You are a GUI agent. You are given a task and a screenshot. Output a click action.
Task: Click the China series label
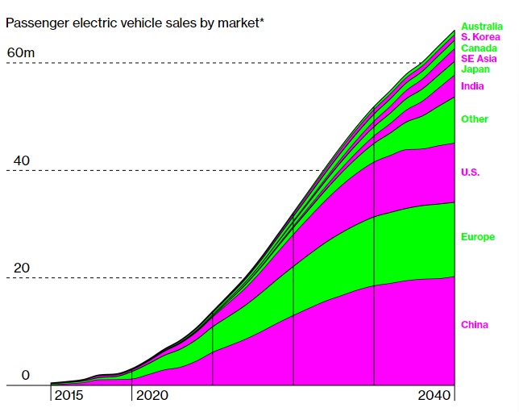tap(475, 325)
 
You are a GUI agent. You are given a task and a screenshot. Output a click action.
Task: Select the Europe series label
tap(478, 237)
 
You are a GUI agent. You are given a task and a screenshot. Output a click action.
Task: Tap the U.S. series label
tap(471, 173)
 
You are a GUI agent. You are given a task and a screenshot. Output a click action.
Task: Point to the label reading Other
tap(475, 119)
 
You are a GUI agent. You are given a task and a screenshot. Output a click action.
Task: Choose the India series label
tap(472, 86)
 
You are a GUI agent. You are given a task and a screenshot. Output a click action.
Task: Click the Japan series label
tap(475, 69)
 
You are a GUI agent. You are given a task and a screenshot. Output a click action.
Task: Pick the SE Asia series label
tap(479, 59)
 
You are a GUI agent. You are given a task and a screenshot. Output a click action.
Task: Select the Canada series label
tap(480, 48)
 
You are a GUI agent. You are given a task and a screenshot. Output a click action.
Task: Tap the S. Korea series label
tap(481, 37)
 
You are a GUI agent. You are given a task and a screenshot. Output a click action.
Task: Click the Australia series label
tap(482, 27)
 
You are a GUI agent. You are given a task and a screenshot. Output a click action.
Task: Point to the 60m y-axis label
tap(22, 53)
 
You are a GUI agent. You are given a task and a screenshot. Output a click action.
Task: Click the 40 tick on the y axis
tap(22, 160)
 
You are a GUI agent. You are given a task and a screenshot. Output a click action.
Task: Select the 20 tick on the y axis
tap(21, 268)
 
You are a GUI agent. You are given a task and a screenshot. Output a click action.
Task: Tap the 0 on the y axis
tap(25, 375)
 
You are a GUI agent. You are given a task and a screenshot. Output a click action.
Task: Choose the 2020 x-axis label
tap(153, 395)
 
